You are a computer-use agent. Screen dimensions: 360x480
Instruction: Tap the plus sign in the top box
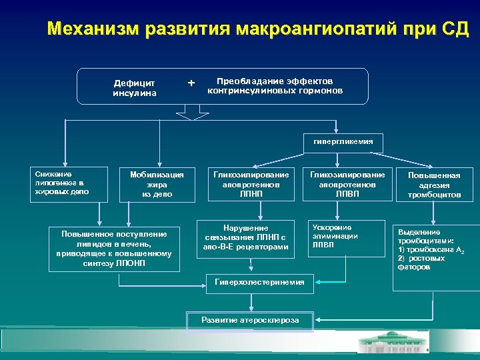(x=192, y=83)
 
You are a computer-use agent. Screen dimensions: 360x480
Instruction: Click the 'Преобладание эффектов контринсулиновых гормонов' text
(x=275, y=85)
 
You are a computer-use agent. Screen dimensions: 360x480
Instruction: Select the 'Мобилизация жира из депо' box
(x=157, y=183)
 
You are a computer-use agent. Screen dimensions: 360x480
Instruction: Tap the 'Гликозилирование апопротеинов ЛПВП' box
(x=347, y=183)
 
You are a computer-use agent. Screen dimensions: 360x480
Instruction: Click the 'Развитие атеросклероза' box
(x=250, y=320)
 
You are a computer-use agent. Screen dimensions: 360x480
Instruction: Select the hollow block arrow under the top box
(x=193, y=113)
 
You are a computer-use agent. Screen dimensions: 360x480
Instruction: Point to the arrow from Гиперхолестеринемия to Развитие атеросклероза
(x=251, y=301)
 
